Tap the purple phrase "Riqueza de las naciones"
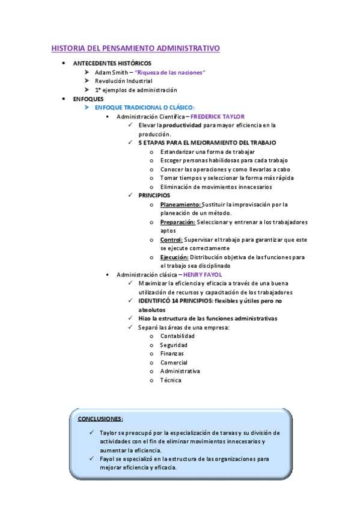tap(170, 72)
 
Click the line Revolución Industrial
tap(123, 81)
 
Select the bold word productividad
tap(183, 125)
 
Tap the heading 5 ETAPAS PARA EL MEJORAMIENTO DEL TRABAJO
tap(207, 143)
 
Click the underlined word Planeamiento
tap(180, 204)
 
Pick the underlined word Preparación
tap(178, 222)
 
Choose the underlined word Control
tap(171, 239)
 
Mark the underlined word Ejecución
tap(174, 257)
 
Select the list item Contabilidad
tap(177, 336)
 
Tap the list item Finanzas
tap(172, 354)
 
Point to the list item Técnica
tap(170, 380)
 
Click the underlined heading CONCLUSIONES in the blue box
tap(100, 419)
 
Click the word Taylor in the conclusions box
tap(108, 432)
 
